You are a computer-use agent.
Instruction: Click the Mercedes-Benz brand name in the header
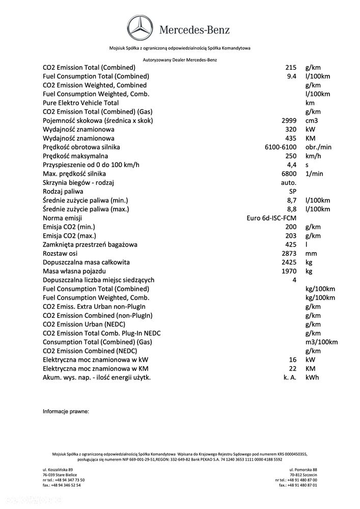pyautogui.click(x=195, y=30)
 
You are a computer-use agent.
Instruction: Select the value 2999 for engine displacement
pyautogui.click(x=289, y=121)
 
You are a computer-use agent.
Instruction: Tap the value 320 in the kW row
pyautogui.click(x=290, y=129)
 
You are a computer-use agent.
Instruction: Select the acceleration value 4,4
pyautogui.click(x=291, y=165)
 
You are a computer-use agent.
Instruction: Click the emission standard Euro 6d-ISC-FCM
pyautogui.click(x=271, y=218)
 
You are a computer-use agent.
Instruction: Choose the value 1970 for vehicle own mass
pyautogui.click(x=289, y=271)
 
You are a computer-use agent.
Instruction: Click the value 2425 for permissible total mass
pyautogui.click(x=289, y=262)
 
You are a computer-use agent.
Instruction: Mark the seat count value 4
pyautogui.click(x=294, y=280)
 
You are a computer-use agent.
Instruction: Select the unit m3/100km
pyautogui.click(x=321, y=342)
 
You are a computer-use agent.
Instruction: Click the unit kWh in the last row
pyautogui.click(x=312, y=378)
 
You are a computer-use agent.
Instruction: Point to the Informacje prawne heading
pyautogui.click(x=66, y=411)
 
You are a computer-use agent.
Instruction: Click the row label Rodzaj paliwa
pyautogui.click(x=63, y=192)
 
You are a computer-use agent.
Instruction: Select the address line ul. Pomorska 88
pyautogui.click(x=303, y=469)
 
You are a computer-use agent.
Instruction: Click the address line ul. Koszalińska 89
pyautogui.click(x=58, y=469)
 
